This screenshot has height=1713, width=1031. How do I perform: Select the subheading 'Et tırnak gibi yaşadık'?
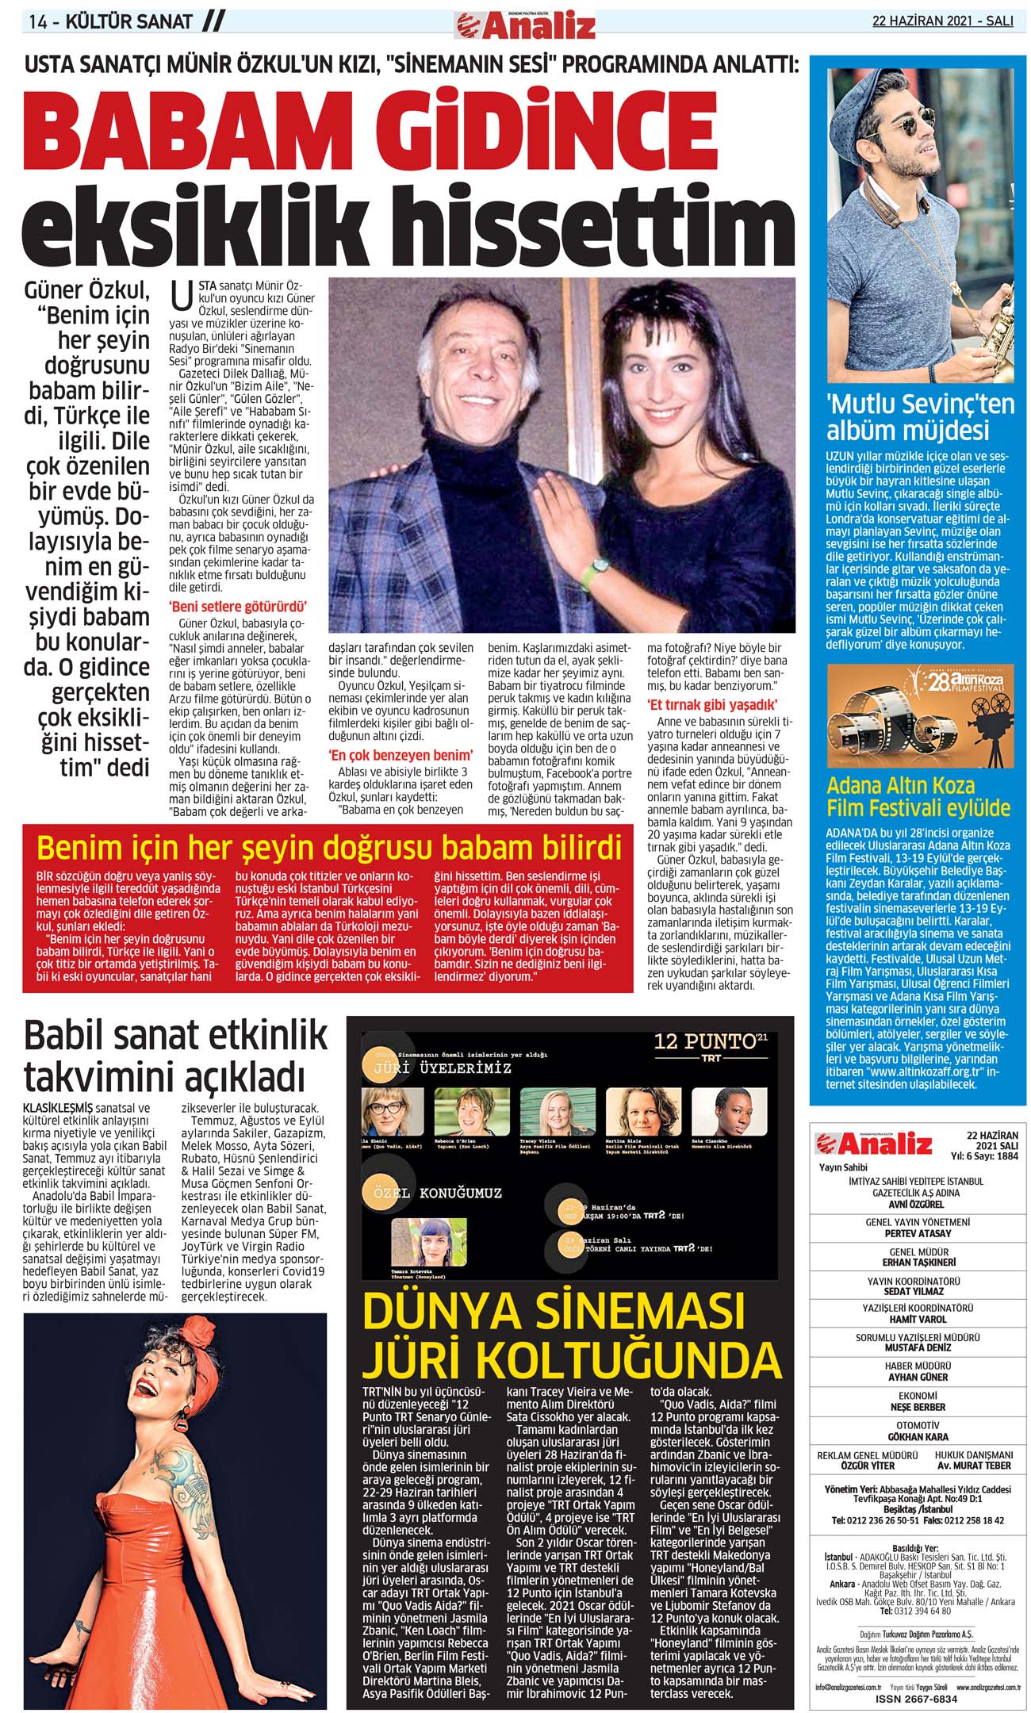tap(711, 705)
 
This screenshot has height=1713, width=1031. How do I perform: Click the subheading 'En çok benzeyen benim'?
tap(401, 755)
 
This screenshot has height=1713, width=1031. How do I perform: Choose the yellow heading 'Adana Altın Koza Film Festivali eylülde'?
tap(918, 796)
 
